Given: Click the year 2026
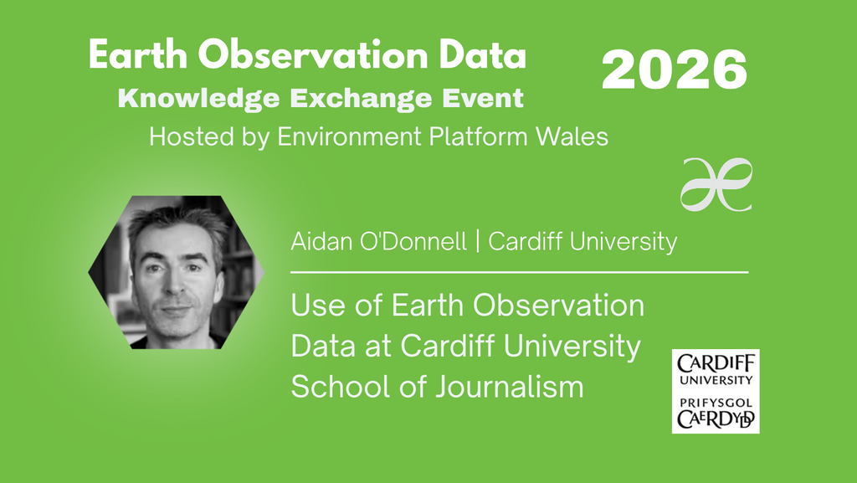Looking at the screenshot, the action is (674, 69).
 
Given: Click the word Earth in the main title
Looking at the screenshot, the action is (138, 54).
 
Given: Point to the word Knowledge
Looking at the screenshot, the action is (199, 98).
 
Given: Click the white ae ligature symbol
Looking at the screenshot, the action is (716, 185).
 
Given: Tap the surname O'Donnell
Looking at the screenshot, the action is (413, 241).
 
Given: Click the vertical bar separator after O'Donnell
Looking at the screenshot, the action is (478, 241).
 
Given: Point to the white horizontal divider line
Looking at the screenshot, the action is (519, 271).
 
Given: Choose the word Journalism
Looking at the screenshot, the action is (510, 386).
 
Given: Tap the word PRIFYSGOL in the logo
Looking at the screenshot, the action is (716, 403).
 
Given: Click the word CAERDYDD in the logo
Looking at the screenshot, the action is (716, 419).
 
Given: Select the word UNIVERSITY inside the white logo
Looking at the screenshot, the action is (716, 380).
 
